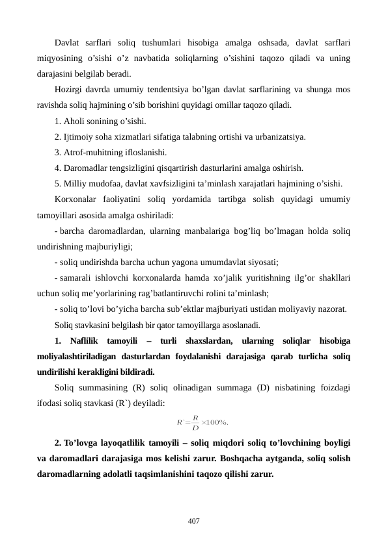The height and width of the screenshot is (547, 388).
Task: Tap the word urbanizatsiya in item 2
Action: point(279,136)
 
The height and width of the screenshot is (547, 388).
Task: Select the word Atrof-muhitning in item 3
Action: point(94,152)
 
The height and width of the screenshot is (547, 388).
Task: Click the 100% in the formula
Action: point(218,423)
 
